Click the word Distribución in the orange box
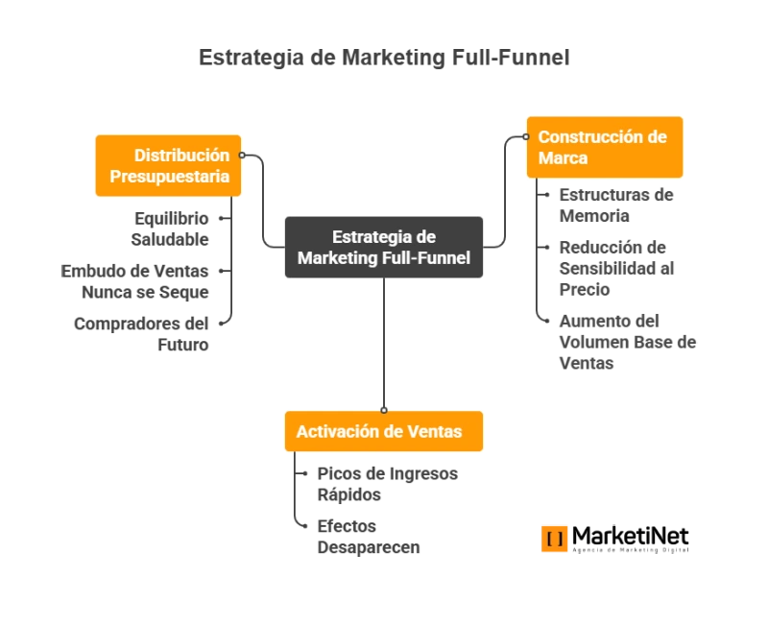coord(181,156)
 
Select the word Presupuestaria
coord(170,177)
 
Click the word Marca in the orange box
coord(563,158)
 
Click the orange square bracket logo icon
coord(553,538)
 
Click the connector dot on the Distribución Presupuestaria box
coord(243,155)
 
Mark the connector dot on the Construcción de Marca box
coord(525,136)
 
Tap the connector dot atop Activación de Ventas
coord(384,410)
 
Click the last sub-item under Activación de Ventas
coord(370,538)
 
